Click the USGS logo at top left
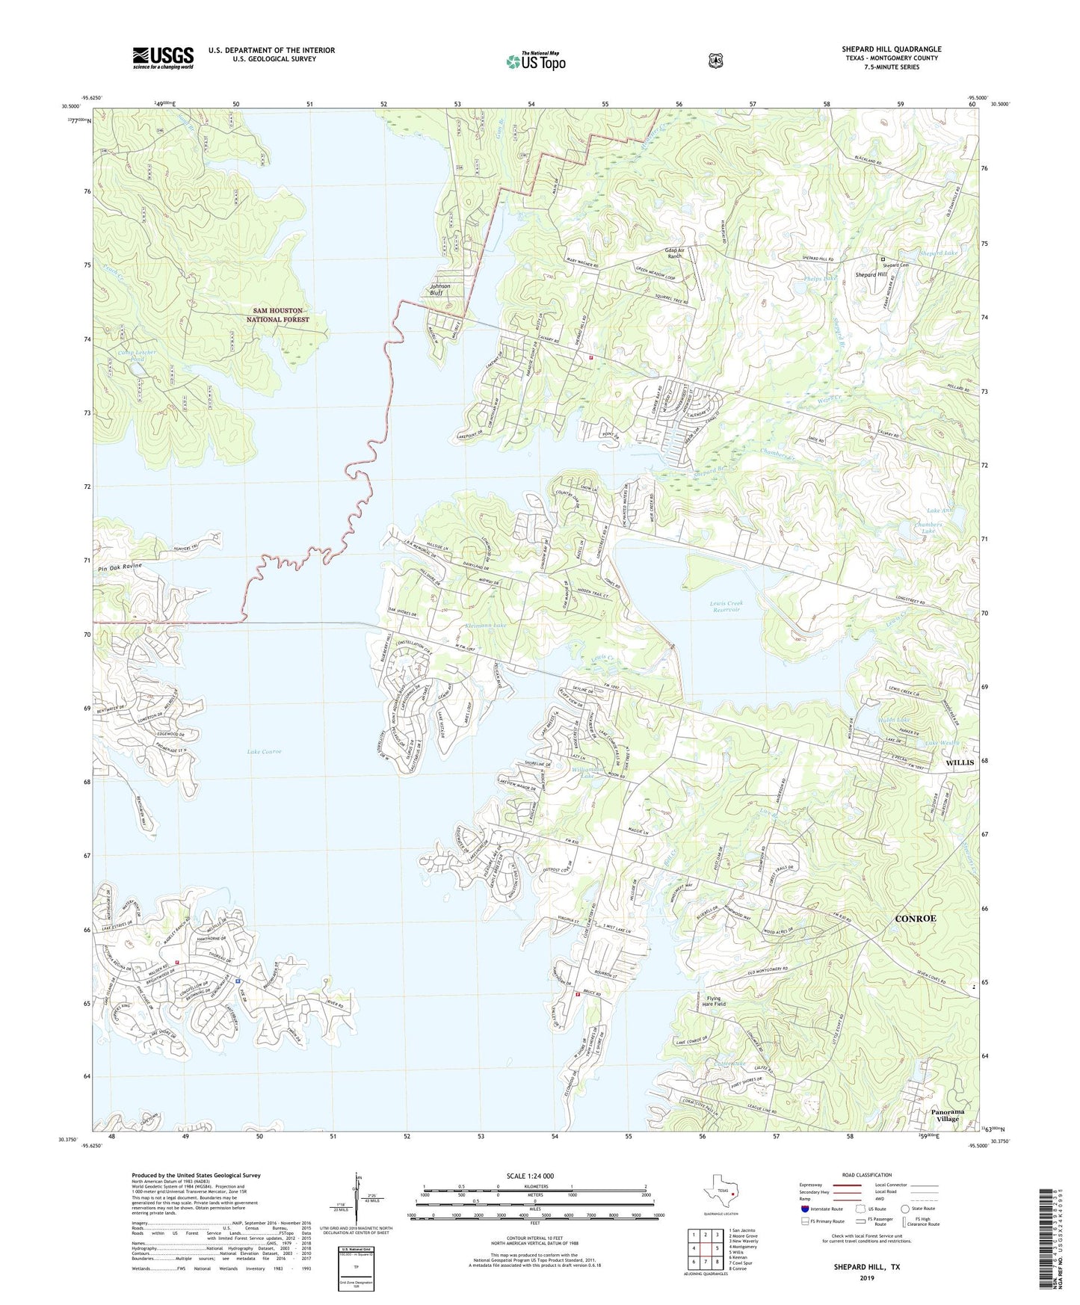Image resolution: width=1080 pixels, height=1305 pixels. click(163, 58)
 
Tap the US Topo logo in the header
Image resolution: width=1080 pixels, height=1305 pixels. click(535, 61)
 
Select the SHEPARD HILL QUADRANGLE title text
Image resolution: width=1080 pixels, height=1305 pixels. click(891, 49)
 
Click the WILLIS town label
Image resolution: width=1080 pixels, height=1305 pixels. click(960, 762)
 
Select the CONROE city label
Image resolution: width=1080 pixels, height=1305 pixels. click(916, 918)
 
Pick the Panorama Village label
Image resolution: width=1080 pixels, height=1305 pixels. click(948, 1115)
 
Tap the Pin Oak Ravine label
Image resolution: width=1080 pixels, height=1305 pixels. click(119, 566)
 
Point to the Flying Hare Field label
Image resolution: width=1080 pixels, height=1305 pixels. click(715, 1002)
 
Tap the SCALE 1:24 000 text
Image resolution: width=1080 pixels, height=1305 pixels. click(530, 1176)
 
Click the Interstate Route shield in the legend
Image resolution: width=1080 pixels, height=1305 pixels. click(805, 1209)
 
